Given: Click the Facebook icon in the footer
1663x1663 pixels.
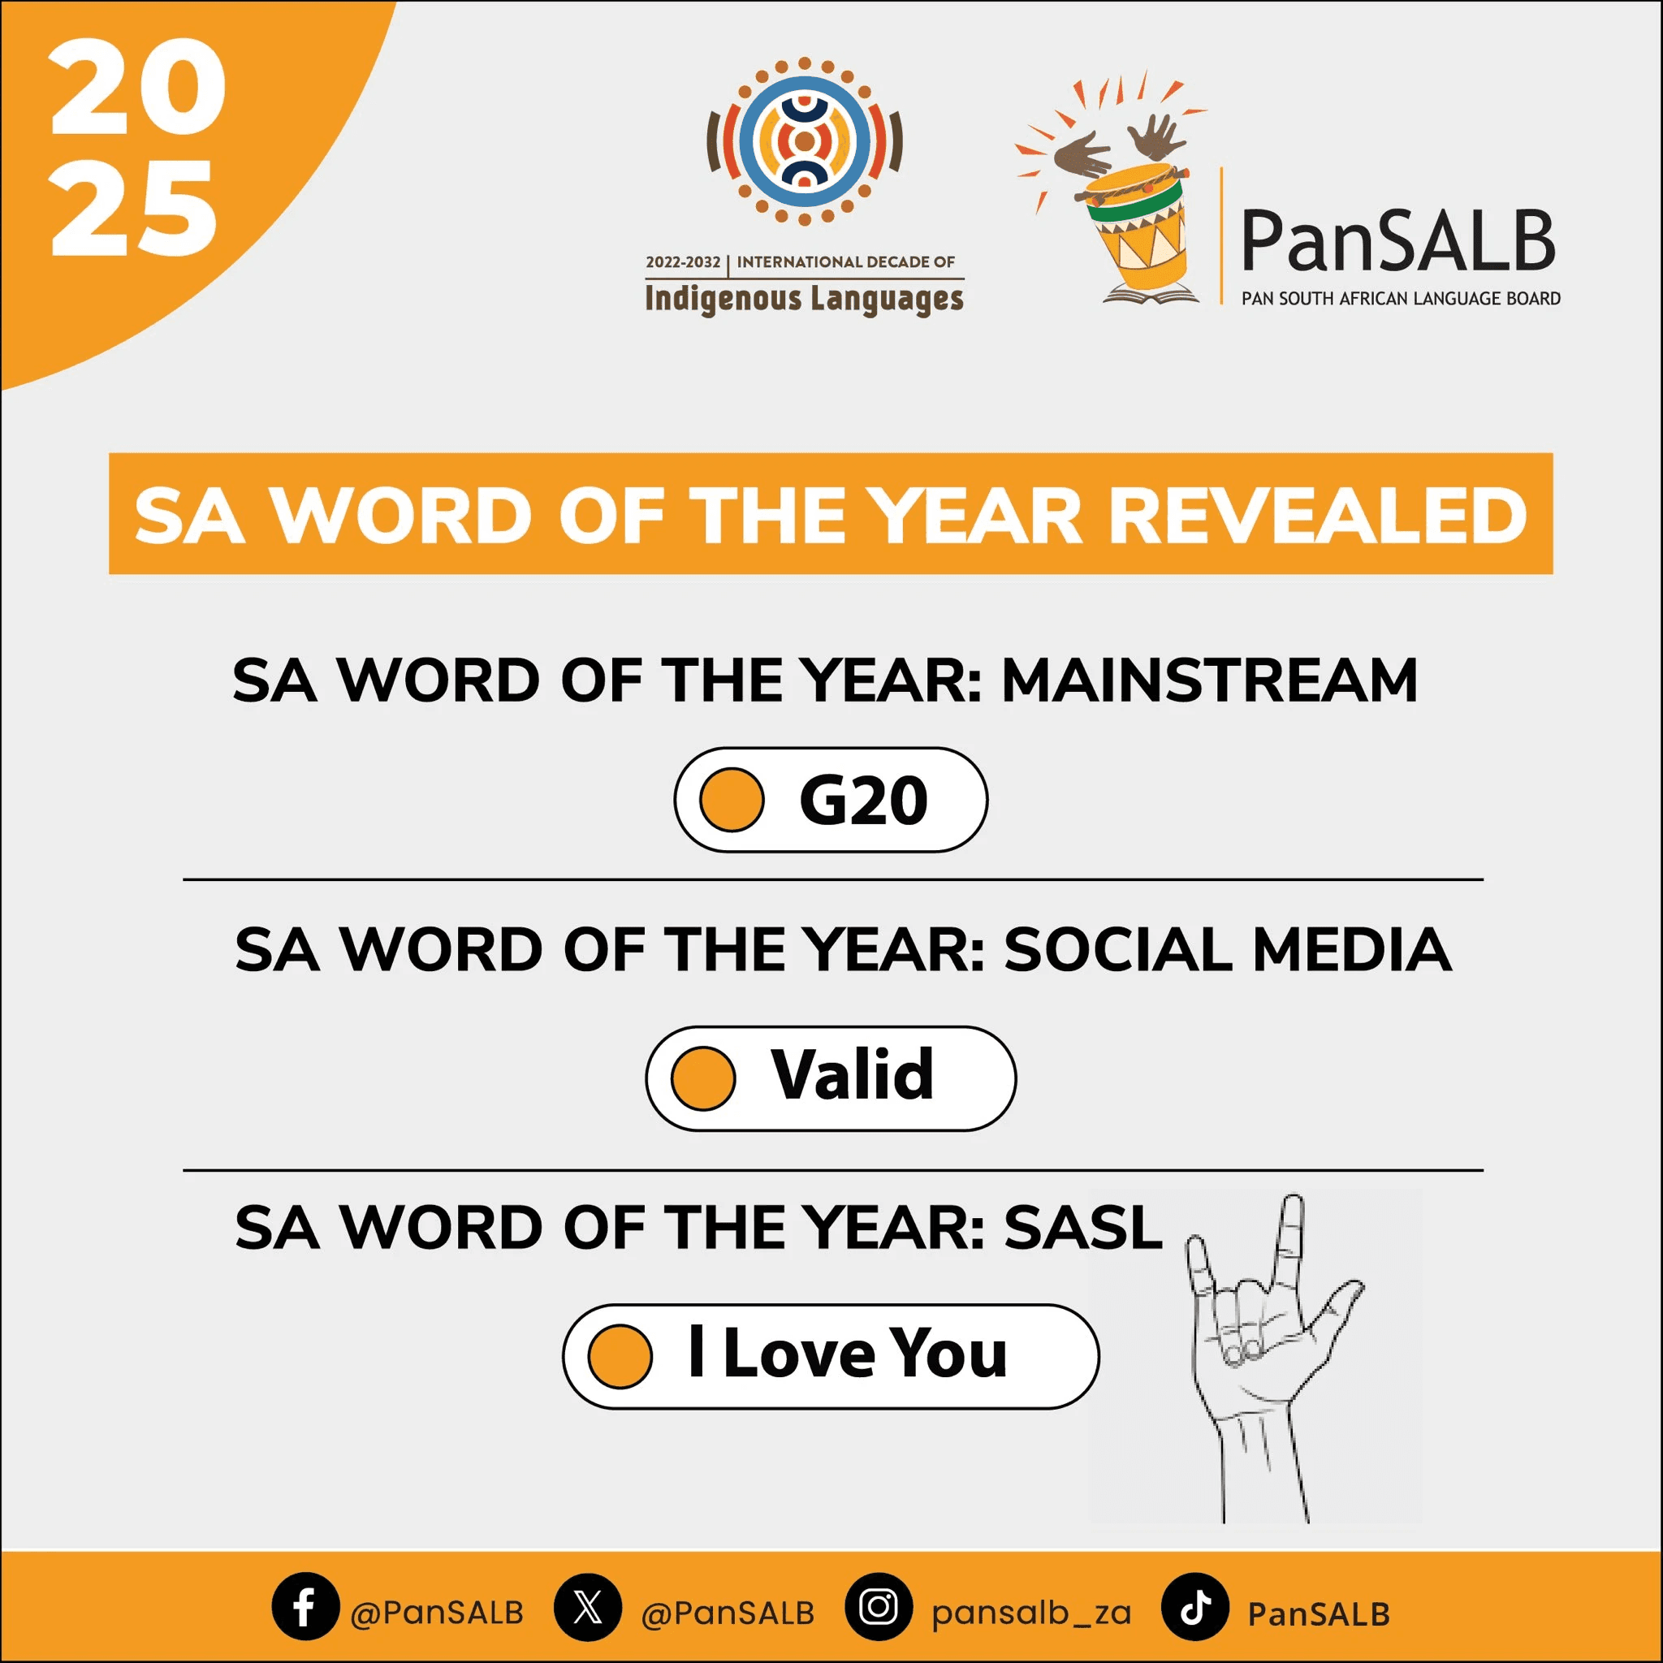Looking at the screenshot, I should pos(305,1606).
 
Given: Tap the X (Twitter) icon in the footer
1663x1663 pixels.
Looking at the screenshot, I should pos(588,1606).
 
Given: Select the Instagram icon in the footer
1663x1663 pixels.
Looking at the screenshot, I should pos(879,1606).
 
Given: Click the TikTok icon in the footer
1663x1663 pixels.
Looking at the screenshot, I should pos(1194,1606).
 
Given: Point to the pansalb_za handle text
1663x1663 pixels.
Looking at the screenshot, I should pos(1031,1612).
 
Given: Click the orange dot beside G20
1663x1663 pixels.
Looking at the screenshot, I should pos(732,800).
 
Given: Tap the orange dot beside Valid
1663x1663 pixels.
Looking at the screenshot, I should pos(703,1078).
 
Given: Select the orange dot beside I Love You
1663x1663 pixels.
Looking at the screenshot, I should pos(620,1356).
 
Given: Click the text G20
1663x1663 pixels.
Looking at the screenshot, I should pos(863,801).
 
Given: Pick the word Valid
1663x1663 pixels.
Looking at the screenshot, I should pos(852,1075).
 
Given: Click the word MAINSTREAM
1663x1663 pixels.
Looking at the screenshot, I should pos(1209,680).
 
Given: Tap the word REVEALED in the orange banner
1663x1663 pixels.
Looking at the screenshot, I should pos(1317,516).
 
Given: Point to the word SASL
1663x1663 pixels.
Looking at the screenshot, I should pos(1083,1228).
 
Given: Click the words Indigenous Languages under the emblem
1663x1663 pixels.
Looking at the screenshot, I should pos(804,299).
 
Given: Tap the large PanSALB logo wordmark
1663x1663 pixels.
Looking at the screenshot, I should pos(1398,242).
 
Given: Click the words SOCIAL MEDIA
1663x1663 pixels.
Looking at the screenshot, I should pos(1228,950).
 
